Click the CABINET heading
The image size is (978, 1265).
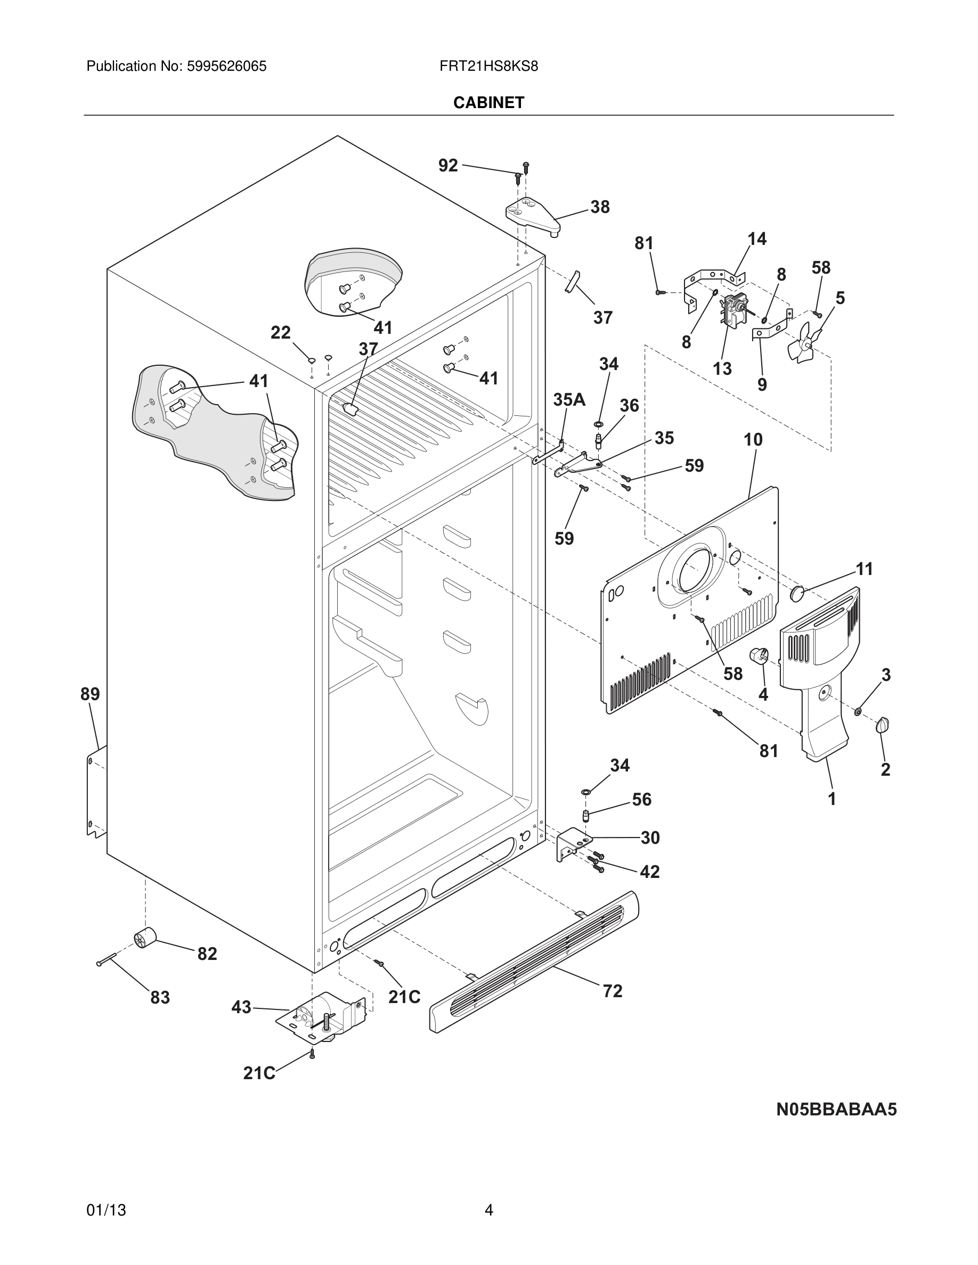(488, 103)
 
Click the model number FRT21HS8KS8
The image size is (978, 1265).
(488, 67)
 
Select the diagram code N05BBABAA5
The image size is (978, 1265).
(836, 1109)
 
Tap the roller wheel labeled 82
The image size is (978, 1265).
(145, 938)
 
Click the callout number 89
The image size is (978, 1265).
(90, 694)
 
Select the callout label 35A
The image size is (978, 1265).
(569, 400)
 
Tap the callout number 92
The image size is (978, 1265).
(448, 166)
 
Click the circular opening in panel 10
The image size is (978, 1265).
(694, 568)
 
